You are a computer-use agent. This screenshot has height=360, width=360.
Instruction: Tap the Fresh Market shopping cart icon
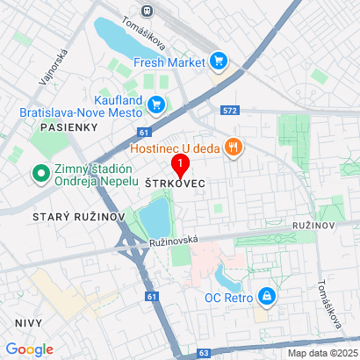coord(219,61)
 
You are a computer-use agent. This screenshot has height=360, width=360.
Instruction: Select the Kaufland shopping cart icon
coord(156,104)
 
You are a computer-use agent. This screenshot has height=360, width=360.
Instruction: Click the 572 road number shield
coord(230,112)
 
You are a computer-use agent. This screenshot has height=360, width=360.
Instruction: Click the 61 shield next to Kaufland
coord(142,132)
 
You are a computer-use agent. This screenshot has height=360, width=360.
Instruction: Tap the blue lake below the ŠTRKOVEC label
coord(155,217)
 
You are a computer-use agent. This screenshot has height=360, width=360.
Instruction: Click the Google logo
coord(29,349)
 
